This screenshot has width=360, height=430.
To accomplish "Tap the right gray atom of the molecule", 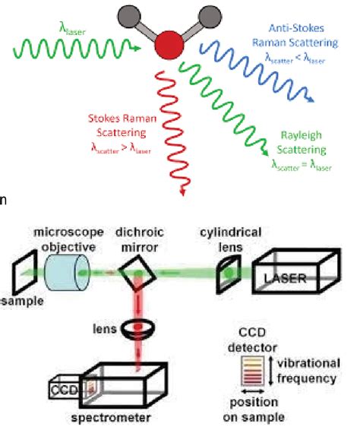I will click(206, 14).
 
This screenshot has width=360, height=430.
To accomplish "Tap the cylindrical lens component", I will click(226, 271).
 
